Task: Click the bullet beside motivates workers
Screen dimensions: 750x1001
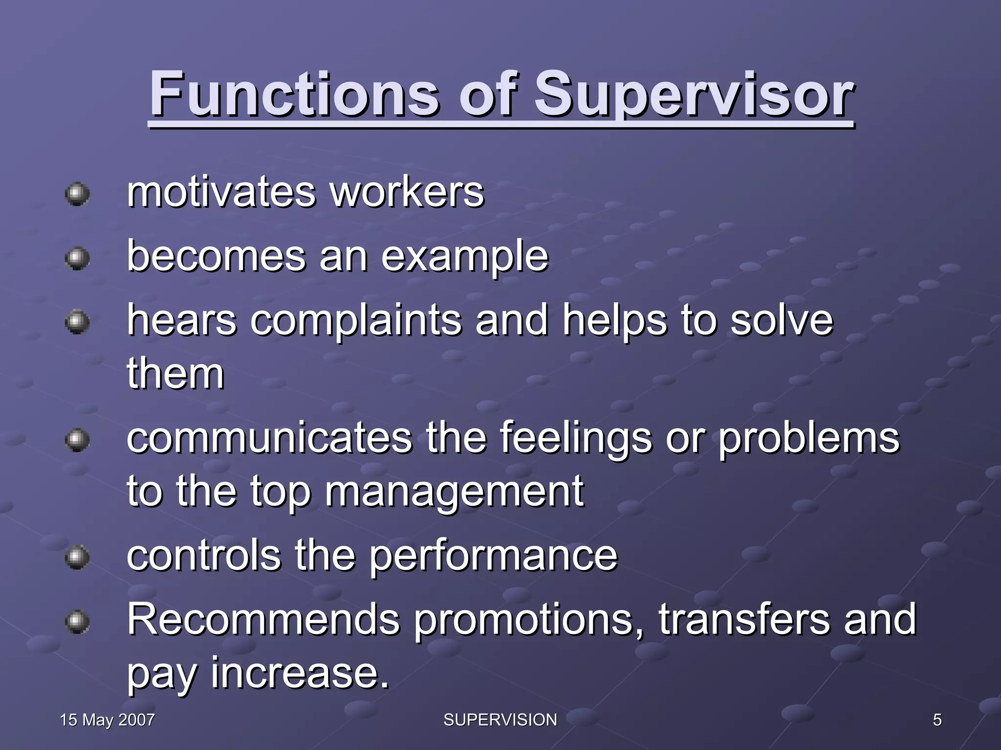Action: [77, 194]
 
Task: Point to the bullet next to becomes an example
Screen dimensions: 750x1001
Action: [77, 258]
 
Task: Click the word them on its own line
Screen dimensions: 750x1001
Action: [175, 374]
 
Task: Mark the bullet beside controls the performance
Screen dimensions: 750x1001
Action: [77, 557]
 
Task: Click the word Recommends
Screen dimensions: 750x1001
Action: [263, 619]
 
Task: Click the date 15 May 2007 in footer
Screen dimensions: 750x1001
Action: [107, 720]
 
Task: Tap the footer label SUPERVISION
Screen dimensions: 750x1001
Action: [500, 720]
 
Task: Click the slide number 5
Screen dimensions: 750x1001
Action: [937, 720]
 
